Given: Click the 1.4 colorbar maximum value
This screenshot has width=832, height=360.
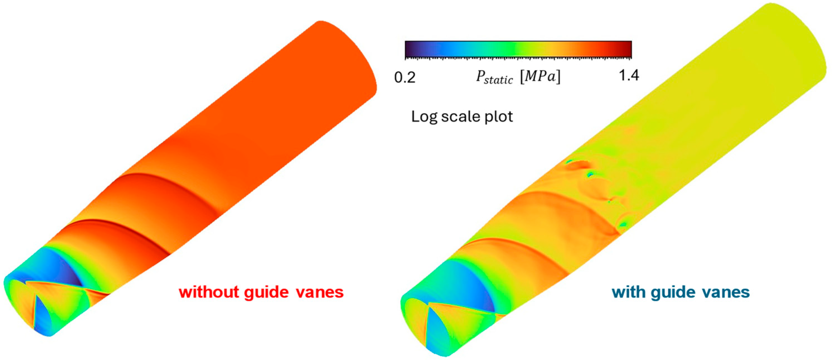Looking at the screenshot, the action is coord(628,76).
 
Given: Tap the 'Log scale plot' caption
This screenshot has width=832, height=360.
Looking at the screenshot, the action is coord(462,116).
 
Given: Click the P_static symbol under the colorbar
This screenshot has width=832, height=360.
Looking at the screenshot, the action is coord(494,78).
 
